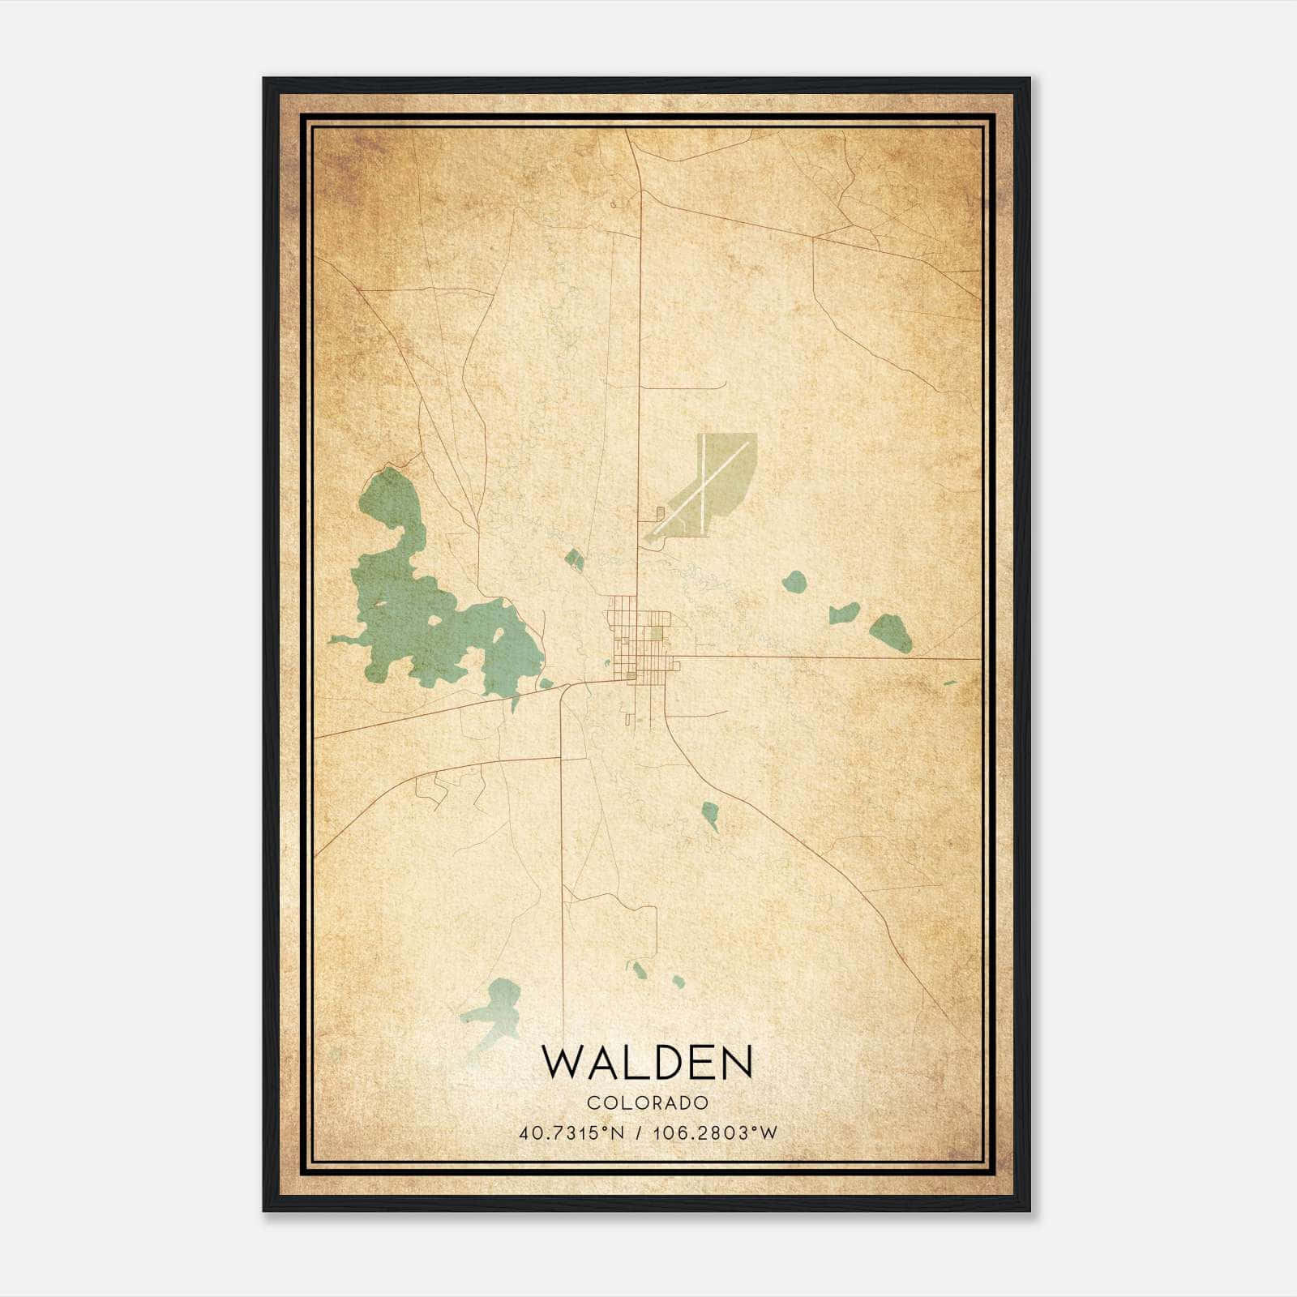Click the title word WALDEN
[x=647, y=1062]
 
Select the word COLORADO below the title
[x=648, y=1103]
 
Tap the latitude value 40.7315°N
[x=571, y=1132]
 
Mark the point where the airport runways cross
[x=706, y=486]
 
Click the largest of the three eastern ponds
[x=891, y=632]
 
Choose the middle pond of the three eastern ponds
[x=844, y=614]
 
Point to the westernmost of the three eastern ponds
[x=794, y=581]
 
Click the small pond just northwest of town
[x=574, y=558]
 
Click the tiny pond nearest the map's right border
[x=950, y=683]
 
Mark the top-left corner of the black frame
[x=263, y=79]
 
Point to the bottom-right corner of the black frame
[x=1029, y=1210]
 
